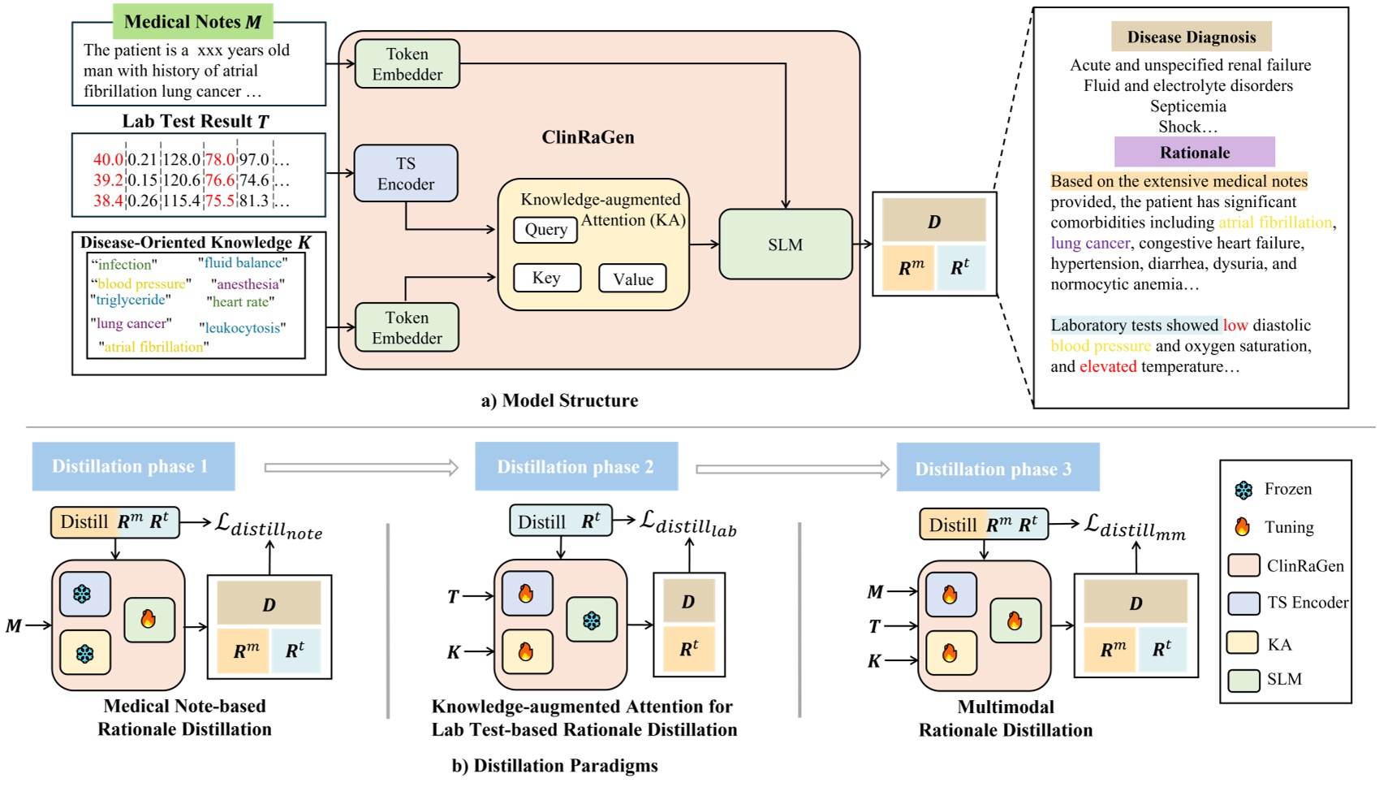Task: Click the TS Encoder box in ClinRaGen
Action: point(406,174)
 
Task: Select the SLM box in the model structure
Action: point(785,244)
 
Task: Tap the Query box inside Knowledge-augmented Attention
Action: point(545,230)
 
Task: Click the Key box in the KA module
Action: point(546,278)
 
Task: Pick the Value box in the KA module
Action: point(632,279)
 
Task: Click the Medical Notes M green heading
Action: point(193,22)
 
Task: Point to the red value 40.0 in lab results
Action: point(108,160)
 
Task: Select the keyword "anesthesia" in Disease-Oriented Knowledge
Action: point(248,284)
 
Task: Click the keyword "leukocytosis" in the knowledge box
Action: point(243,328)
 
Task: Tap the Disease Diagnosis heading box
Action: point(1191,37)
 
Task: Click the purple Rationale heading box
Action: point(1194,153)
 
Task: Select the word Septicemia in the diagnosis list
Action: point(1187,106)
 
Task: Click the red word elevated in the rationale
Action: point(1108,367)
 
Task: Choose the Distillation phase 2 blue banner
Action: point(575,467)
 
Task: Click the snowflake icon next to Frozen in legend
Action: point(1243,490)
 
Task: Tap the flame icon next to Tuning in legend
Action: point(1242,527)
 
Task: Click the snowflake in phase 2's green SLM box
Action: point(592,621)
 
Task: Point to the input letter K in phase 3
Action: point(874,661)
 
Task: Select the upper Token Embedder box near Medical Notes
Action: point(407,64)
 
